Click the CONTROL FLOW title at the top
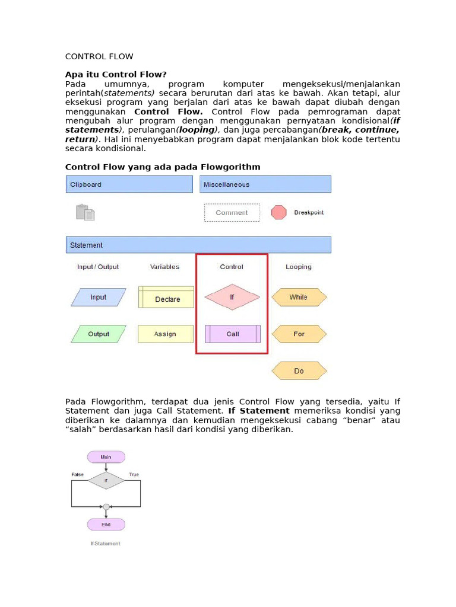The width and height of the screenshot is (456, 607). [x=99, y=57]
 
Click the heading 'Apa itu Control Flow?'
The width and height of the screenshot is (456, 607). [x=116, y=74]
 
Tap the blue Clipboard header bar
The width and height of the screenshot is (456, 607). [x=129, y=184]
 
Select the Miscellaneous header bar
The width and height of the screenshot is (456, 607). [x=265, y=184]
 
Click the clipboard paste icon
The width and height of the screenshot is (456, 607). [x=85, y=212]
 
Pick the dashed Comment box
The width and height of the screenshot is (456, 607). [x=232, y=213]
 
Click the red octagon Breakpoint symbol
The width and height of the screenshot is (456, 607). [x=279, y=212]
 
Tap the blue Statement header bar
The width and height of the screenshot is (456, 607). [x=198, y=245]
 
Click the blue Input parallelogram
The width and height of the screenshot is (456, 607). [x=99, y=297]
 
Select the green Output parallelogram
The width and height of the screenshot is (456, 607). [x=99, y=334]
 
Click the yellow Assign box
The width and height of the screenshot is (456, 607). [x=166, y=334]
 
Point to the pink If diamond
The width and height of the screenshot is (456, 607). [x=232, y=297]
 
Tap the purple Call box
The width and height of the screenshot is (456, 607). [x=233, y=334]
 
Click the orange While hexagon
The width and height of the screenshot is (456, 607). [x=299, y=297]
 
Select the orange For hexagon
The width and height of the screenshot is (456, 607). [x=299, y=334]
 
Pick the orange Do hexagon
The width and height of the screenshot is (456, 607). [x=299, y=370]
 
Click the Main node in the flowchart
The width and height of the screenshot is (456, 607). [x=106, y=457]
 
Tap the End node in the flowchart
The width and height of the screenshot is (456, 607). [x=106, y=525]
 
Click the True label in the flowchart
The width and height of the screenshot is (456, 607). [x=134, y=475]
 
